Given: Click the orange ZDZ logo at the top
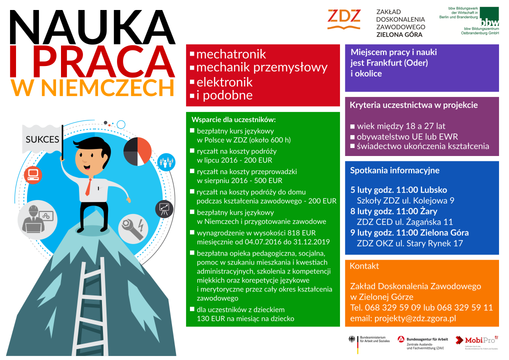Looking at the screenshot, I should coord(343,17).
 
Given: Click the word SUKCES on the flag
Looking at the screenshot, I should coord(42,139).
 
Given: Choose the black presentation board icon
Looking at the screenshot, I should coord(163,208).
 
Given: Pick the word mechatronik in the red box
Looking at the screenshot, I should coord(231,54).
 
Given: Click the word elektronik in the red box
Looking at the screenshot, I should coord(224,82).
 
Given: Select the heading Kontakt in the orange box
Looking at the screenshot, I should coord(364,266).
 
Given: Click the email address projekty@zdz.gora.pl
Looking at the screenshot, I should coord(403,318).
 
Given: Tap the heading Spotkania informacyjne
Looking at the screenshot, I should coord(394,170).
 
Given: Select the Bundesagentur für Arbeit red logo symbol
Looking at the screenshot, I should coord(400,339).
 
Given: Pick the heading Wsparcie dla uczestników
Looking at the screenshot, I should coord(233,120).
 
